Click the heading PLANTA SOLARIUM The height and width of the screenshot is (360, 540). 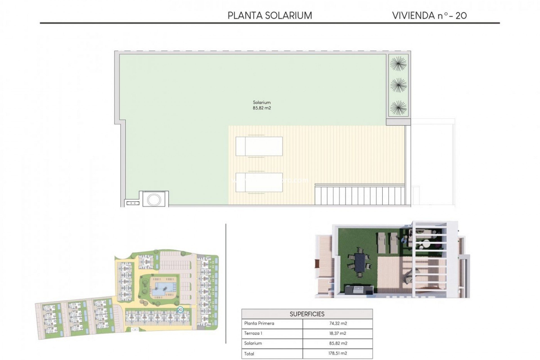coord(270,15)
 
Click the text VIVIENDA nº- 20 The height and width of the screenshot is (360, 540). coord(429,15)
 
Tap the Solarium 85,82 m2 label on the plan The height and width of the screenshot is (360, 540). coord(262,105)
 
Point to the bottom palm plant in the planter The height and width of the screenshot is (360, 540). coord(398,107)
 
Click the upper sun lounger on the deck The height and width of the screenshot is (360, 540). coord(259,146)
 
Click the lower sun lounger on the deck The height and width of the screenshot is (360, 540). coord(259,182)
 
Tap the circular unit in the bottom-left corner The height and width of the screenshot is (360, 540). coord(154,200)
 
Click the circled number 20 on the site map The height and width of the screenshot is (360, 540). coord(180,310)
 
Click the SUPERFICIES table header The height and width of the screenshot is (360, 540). coord(307,314)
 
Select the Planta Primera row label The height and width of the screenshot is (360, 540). coord(259,323)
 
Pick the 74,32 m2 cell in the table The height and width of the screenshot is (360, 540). coord(338,323)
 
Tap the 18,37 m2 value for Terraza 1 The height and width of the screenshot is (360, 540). coord(338,333)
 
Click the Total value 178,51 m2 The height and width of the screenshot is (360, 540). coord(338,354)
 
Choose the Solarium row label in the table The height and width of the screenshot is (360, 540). coord(253,343)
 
